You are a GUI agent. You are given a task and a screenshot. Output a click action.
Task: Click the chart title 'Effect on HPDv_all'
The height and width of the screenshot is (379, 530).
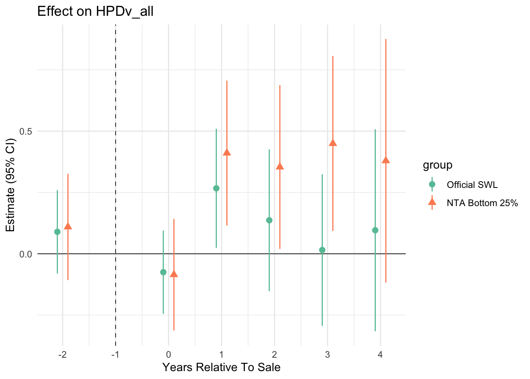click(95, 11)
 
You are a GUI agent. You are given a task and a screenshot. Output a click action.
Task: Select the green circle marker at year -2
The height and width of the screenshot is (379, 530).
click(57, 232)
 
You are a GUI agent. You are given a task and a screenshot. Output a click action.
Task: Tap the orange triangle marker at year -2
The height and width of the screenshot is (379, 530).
click(68, 226)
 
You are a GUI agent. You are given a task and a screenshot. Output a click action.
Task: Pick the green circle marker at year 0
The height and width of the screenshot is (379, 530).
click(163, 272)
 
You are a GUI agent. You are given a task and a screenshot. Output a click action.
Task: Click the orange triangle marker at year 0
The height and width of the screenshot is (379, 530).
click(174, 274)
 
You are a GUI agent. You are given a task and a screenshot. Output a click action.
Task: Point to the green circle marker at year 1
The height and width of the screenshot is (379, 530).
click(216, 188)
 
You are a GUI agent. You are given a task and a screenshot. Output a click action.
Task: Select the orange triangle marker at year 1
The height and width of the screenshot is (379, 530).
click(227, 153)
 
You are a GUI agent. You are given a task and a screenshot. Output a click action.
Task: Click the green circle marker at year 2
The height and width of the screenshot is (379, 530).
click(269, 220)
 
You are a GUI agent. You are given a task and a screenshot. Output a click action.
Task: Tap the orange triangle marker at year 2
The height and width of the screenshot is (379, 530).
click(280, 166)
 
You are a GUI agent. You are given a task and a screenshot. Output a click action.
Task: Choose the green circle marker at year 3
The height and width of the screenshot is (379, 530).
click(322, 250)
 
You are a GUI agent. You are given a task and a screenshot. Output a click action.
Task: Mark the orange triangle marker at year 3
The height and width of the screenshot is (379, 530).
click(333, 143)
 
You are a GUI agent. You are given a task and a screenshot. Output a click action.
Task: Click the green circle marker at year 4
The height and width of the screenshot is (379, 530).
click(375, 230)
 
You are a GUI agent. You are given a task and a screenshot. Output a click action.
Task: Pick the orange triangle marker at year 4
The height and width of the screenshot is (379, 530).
click(386, 160)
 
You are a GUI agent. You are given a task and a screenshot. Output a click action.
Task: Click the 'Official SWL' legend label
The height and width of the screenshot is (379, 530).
click(472, 185)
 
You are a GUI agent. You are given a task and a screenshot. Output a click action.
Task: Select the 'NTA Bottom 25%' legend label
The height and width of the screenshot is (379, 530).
click(482, 203)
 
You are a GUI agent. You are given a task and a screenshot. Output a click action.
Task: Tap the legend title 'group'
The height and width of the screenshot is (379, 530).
click(437, 165)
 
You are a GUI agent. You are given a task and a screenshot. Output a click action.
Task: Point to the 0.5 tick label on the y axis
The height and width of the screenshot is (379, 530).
click(26, 131)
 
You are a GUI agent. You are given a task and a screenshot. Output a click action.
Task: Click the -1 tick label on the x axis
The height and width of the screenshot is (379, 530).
click(115, 354)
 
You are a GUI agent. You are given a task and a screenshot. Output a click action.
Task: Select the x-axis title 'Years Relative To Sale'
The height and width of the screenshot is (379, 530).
click(221, 368)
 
